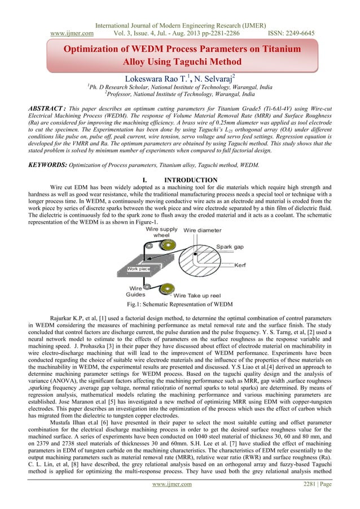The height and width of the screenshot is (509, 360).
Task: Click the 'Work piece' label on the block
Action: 138,269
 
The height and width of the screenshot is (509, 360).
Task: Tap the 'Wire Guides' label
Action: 136,291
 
